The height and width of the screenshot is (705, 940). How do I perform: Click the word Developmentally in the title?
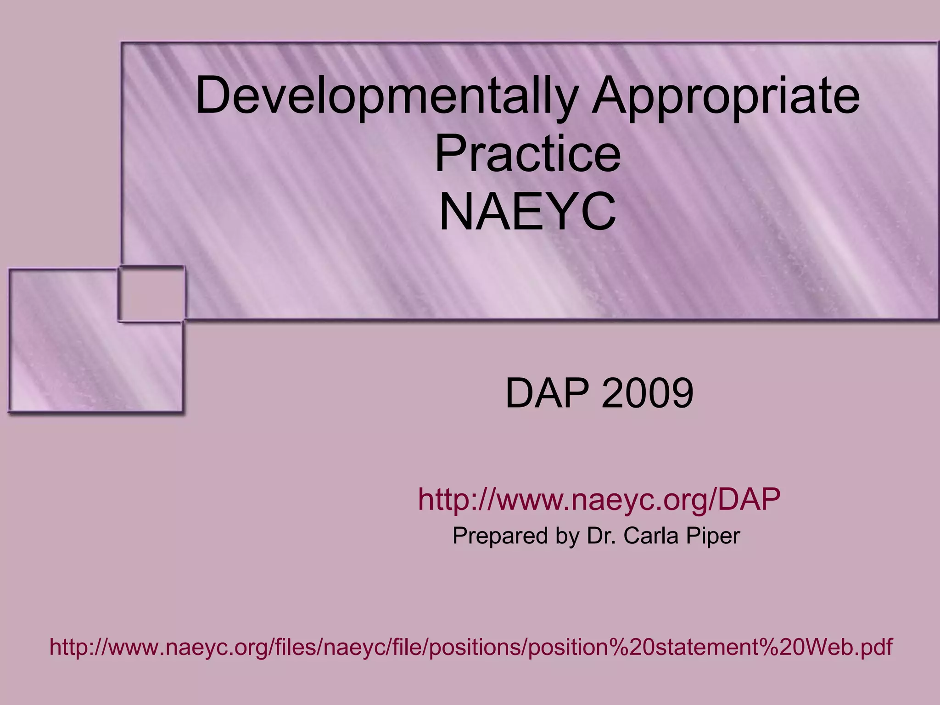point(386,97)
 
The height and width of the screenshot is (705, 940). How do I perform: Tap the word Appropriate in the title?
point(725,97)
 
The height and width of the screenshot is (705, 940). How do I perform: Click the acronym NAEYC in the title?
point(527,213)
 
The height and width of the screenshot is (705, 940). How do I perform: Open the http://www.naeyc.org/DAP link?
point(599,500)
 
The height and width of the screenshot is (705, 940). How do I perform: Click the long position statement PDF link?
point(471,647)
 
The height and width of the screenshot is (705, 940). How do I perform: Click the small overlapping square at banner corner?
point(151,294)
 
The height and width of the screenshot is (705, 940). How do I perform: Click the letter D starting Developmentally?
point(212,97)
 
